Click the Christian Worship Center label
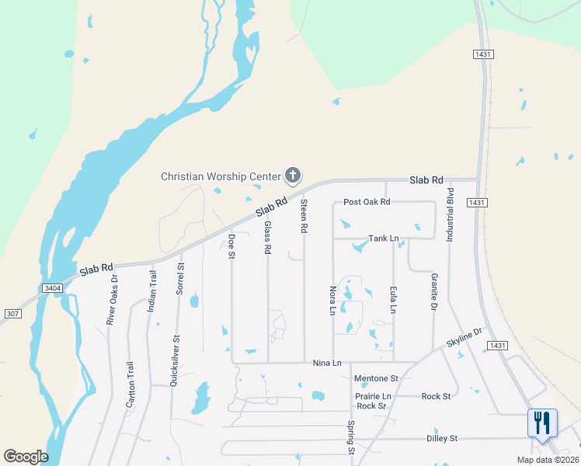tap(220, 176)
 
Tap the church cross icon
tap(293, 176)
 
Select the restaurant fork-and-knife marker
tap(541, 423)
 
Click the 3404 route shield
tap(52, 288)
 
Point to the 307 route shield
tap(12, 314)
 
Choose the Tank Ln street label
tap(383, 238)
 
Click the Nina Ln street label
tap(327, 363)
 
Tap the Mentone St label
tap(376, 378)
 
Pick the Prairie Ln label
tap(373, 396)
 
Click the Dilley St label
tap(443, 439)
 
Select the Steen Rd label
tap(304, 217)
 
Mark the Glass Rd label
tap(268, 238)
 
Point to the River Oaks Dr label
tap(113, 299)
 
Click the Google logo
tap(26, 457)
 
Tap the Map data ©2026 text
tap(548, 460)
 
